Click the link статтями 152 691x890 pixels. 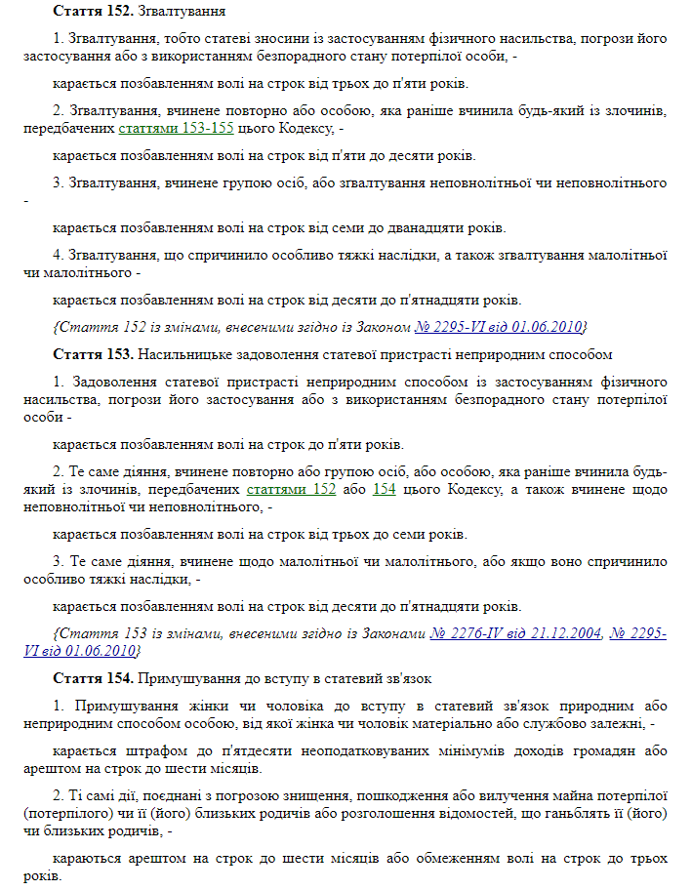291,488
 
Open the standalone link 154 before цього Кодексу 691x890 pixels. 384,488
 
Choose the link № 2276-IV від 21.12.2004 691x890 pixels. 515,633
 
